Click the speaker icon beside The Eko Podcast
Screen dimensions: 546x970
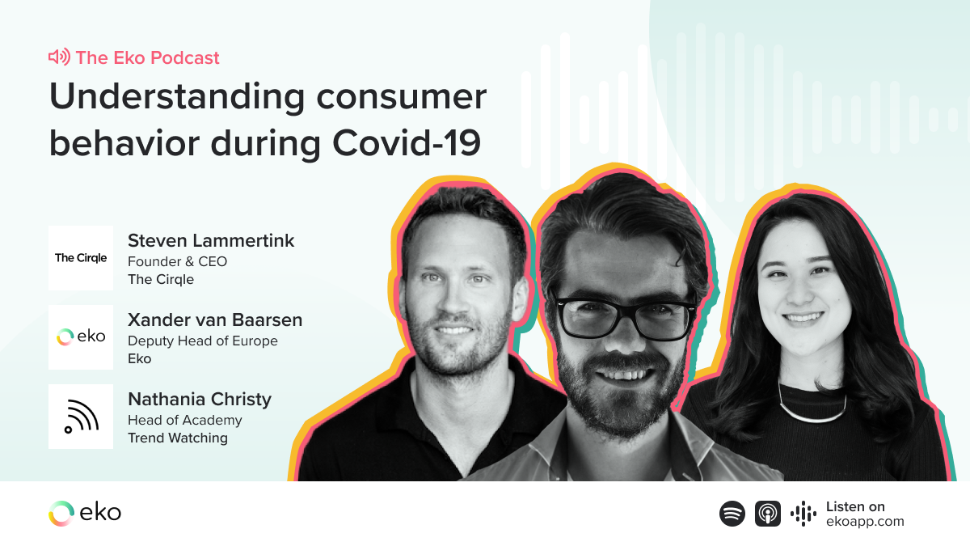pos(59,57)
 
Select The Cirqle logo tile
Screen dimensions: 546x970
pos(81,258)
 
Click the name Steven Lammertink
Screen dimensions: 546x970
pos(211,240)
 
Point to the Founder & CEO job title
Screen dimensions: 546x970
pos(177,261)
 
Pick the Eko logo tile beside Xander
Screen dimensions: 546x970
pos(81,337)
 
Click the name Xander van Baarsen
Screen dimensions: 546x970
pos(215,320)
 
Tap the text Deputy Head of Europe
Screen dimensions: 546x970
pos(202,341)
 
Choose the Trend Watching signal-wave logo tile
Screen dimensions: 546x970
pos(81,417)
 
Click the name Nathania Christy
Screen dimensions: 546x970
pos(200,399)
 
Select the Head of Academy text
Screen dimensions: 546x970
pos(184,420)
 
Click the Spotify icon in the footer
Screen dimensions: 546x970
pos(732,514)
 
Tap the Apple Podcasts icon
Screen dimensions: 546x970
pos(768,514)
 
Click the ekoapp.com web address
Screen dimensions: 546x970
pos(865,522)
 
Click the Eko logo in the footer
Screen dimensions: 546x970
pos(85,513)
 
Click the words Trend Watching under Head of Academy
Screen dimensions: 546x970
pos(177,438)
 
